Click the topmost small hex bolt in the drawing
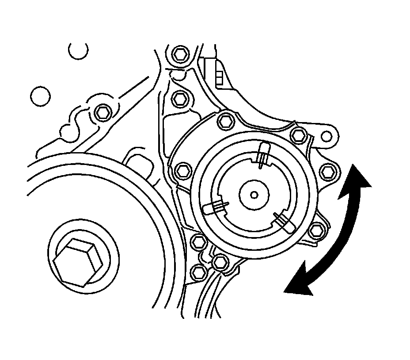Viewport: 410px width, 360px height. pos(179,54)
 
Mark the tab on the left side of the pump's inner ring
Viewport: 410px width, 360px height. pos(215,206)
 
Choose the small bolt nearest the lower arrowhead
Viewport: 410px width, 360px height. pos(315,230)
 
